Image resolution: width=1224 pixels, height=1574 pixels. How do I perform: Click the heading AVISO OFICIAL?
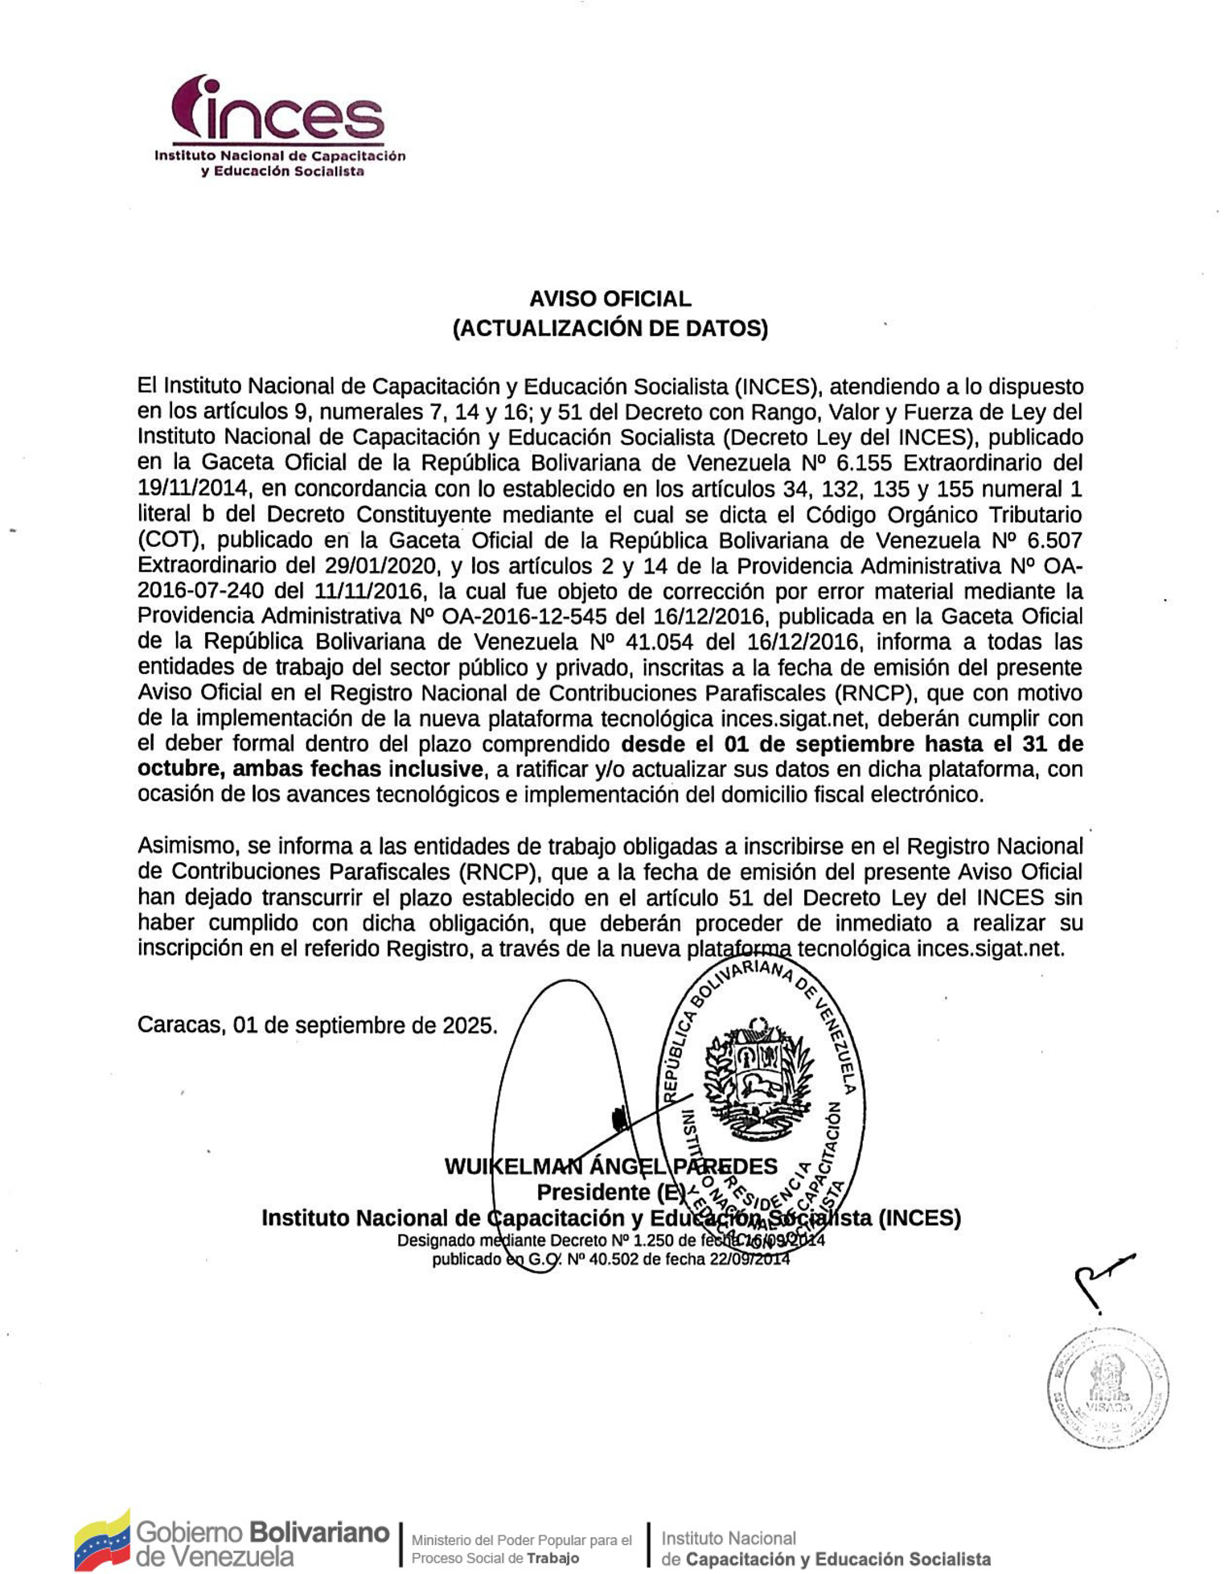610,299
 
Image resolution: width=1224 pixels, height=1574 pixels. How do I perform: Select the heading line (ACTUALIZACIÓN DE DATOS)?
610,328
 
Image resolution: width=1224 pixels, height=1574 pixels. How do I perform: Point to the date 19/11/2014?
191,489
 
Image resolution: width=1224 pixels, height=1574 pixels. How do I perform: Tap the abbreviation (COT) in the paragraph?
169,540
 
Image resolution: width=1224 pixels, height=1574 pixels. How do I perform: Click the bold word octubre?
179,769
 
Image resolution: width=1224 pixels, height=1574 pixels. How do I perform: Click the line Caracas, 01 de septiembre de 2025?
318,1025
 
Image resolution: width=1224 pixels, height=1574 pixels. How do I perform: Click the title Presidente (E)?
610,1192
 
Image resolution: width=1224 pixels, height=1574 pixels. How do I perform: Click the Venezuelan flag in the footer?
102,1540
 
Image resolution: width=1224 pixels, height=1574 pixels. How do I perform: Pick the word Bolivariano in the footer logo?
318,1531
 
